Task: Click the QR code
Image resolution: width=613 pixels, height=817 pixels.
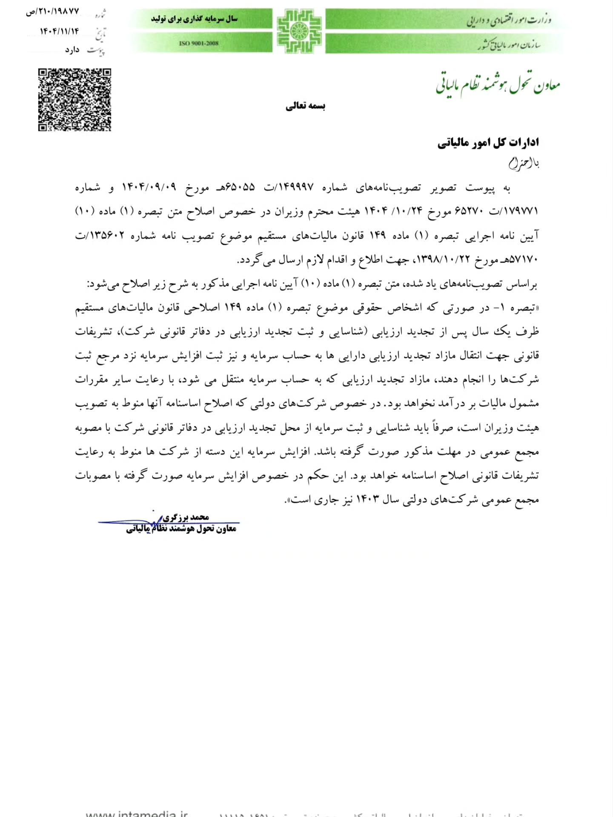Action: point(74,100)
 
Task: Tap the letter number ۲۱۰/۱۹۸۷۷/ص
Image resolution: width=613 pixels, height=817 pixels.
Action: point(52,12)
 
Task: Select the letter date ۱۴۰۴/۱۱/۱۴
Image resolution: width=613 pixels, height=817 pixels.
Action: point(59,31)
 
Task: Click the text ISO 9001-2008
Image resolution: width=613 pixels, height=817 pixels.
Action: point(199,43)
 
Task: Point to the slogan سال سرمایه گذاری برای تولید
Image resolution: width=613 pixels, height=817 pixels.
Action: point(194,19)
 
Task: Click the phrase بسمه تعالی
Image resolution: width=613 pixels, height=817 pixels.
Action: point(305,106)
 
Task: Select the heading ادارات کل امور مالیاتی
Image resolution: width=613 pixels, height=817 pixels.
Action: point(488,143)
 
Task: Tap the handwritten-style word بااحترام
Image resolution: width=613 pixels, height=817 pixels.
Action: point(524,163)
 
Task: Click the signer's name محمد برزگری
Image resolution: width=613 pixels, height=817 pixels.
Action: point(186,517)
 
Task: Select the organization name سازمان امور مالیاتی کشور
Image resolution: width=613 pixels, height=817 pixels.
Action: point(509,44)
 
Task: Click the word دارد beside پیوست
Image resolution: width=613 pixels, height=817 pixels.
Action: point(72,50)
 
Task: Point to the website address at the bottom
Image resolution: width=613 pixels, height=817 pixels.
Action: point(137,812)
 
